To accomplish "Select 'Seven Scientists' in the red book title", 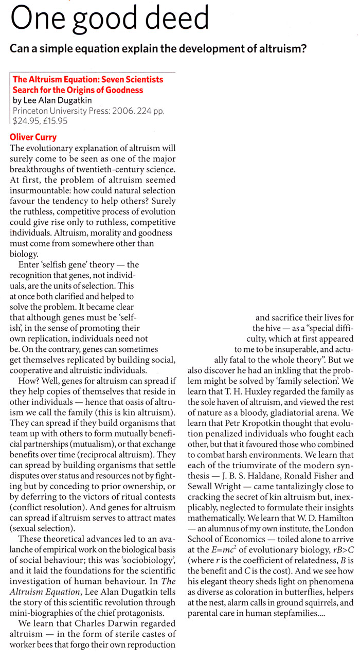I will [129, 80].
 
